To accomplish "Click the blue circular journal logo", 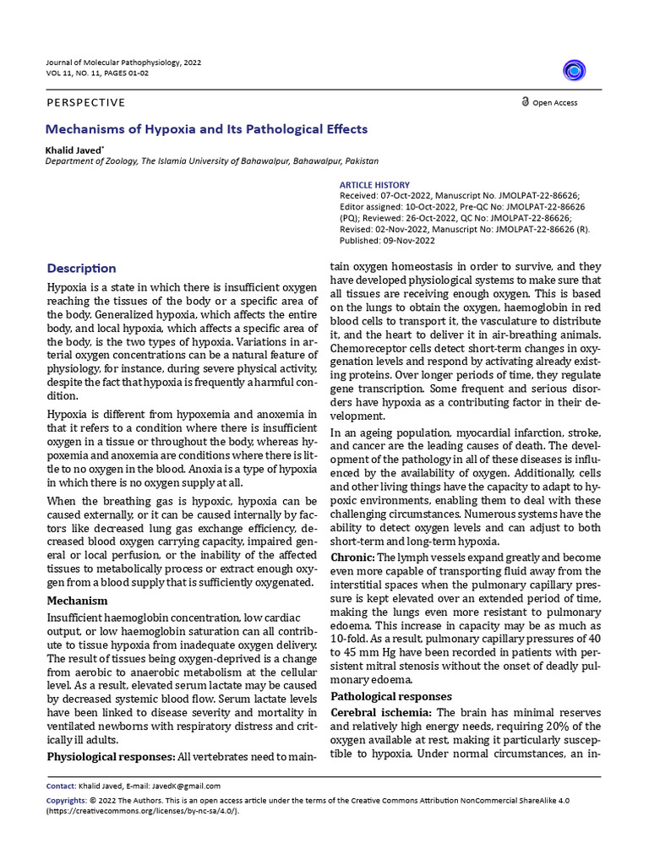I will (575, 71).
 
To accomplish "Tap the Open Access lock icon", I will (525, 102).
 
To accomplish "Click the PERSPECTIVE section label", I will (86, 103).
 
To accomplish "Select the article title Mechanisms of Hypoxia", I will (207, 129).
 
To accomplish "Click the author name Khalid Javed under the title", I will (76, 149).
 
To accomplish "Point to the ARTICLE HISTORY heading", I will (374, 185).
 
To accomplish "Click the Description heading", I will (82, 268).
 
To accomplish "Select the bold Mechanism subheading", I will (77, 601).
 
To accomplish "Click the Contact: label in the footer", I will (60, 786).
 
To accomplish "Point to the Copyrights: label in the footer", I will (66, 799).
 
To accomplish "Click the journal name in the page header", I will (123, 63).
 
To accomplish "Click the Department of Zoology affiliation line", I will (212, 160).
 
